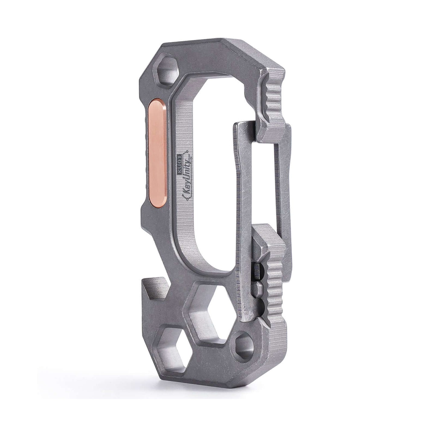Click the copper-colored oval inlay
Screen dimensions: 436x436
pyautogui.click(x=156, y=153)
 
